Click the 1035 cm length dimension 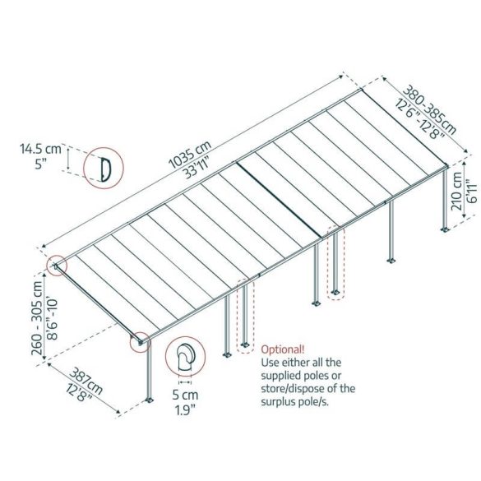point(190,155)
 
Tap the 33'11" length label point(197,168)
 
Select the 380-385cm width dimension point(429,109)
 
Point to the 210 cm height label point(457,191)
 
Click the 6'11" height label point(473,193)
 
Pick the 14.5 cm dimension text point(40,149)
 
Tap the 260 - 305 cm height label point(38,318)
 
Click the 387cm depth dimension point(86,381)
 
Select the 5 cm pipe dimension point(185,395)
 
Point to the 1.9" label point(185,410)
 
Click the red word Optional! point(283,349)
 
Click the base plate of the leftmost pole point(150,400)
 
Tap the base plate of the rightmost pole point(445,229)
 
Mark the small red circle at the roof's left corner point(57,266)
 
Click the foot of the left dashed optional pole point(245,345)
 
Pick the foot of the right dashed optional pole point(335,292)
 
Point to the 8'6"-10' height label point(53,319)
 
